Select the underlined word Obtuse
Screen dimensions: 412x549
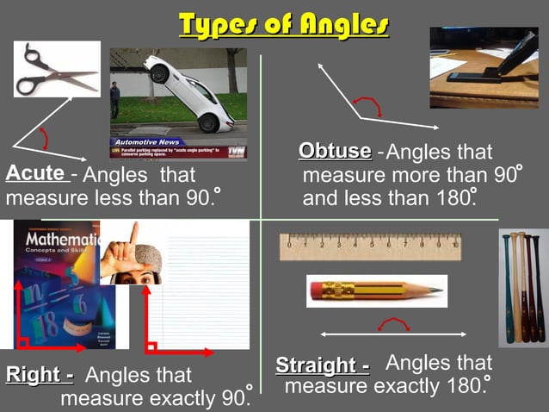(x=335, y=151)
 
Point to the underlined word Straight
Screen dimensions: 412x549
(x=322, y=365)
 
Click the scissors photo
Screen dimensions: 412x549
(x=57, y=69)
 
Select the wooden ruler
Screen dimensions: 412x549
(x=370, y=247)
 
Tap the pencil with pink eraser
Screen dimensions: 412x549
(x=376, y=290)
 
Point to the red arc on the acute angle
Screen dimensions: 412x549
(x=45, y=138)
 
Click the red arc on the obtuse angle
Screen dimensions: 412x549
(x=369, y=104)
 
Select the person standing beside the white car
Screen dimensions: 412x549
(x=114, y=99)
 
